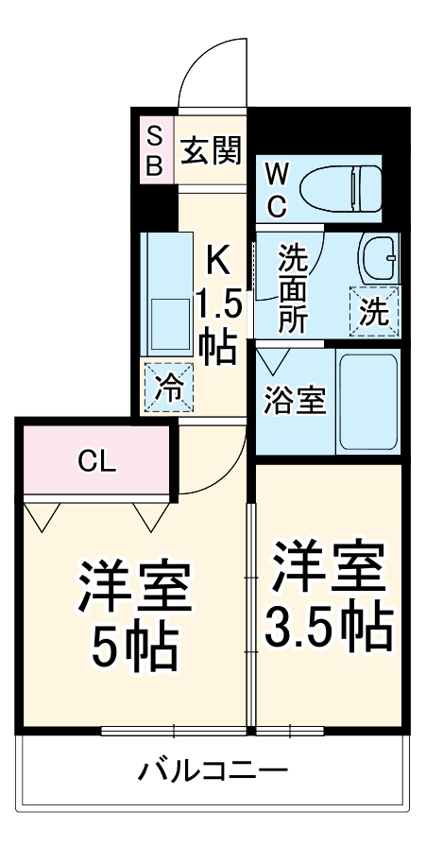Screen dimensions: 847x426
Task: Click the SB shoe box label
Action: click(154, 150)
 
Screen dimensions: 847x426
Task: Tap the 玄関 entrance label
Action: click(212, 149)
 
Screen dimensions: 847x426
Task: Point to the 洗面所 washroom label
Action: click(292, 286)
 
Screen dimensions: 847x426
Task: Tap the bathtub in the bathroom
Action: click(368, 402)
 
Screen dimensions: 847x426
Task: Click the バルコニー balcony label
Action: click(213, 768)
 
